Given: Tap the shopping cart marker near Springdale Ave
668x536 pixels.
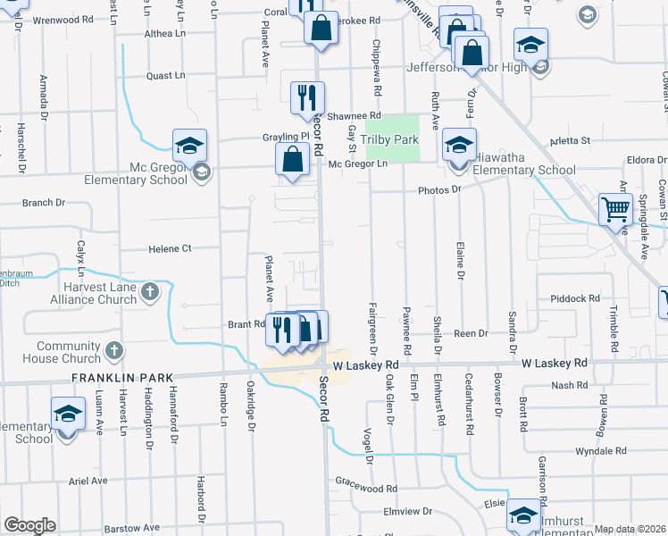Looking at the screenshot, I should [616, 212].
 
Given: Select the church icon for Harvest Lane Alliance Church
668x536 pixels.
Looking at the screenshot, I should [149, 292].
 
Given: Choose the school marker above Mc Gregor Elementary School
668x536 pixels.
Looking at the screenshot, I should [189, 146].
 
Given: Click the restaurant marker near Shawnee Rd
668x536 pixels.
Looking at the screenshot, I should [308, 98].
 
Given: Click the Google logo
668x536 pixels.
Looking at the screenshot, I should [29, 524].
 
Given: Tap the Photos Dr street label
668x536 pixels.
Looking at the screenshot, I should [438, 189].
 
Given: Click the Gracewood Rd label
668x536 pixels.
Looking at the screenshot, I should [366, 489].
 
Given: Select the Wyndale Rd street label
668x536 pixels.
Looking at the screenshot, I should [602, 452].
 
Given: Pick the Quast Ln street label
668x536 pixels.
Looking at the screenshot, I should [165, 76].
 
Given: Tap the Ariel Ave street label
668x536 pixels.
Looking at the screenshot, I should [88, 480].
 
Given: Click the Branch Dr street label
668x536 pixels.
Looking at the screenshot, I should [38, 203].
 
